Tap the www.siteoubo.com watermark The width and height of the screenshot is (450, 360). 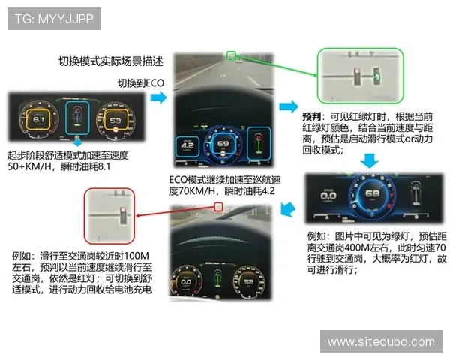381,341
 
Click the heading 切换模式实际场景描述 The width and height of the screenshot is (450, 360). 111,61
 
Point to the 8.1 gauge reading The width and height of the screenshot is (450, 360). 41,119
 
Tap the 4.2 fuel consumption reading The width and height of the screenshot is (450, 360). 187,145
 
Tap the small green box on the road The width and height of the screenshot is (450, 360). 232,55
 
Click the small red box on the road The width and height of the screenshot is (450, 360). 218,207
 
